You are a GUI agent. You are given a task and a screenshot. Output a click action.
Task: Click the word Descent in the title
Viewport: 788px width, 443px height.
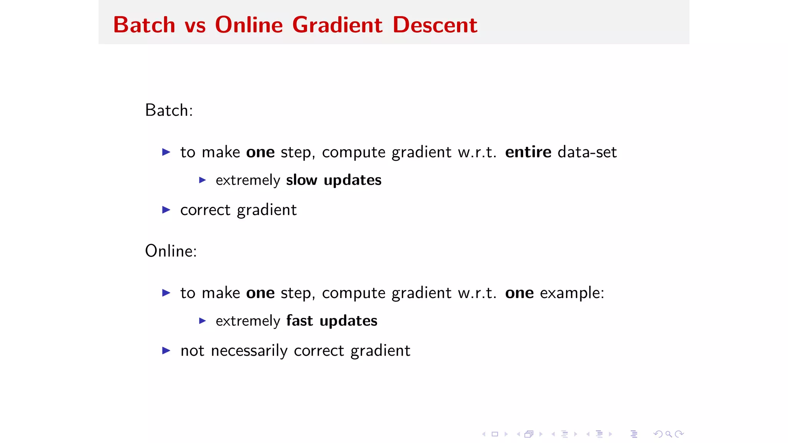(x=435, y=25)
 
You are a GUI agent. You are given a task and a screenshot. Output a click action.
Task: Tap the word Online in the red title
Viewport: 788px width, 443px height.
(x=249, y=25)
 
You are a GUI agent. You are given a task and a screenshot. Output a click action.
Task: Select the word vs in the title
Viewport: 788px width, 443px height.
(x=195, y=26)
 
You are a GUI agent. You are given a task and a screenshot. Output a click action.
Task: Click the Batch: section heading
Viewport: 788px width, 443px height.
(x=169, y=110)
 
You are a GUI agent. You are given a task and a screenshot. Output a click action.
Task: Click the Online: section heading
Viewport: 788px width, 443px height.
(x=171, y=251)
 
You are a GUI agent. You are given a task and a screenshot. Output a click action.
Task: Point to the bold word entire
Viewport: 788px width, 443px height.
(x=528, y=152)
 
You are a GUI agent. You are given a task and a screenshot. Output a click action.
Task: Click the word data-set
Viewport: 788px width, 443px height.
(x=587, y=152)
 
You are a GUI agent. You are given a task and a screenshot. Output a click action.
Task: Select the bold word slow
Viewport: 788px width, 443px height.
(x=302, y=180)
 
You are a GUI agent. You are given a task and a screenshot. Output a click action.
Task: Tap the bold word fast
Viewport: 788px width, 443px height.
(x=299, y=321)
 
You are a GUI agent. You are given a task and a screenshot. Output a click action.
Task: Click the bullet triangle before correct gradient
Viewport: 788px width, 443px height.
(x=166, y=210)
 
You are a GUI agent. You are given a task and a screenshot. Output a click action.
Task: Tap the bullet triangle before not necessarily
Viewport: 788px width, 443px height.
(x=166, y=351)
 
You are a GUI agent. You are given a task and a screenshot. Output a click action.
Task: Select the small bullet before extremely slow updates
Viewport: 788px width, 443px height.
(x=202, y=180)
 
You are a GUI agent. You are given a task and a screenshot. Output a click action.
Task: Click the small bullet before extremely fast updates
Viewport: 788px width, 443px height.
(x=202, y=321)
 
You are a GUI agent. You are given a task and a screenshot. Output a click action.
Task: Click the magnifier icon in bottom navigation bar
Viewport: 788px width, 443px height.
(x=669, y=434)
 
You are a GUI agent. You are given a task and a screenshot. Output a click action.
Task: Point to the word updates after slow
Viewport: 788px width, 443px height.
(x=352, y=180)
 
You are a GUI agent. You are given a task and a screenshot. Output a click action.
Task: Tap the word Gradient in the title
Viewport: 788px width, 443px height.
(x=337, y=25)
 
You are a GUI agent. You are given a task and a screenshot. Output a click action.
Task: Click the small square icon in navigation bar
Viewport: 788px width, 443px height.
(x=495, y=434)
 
